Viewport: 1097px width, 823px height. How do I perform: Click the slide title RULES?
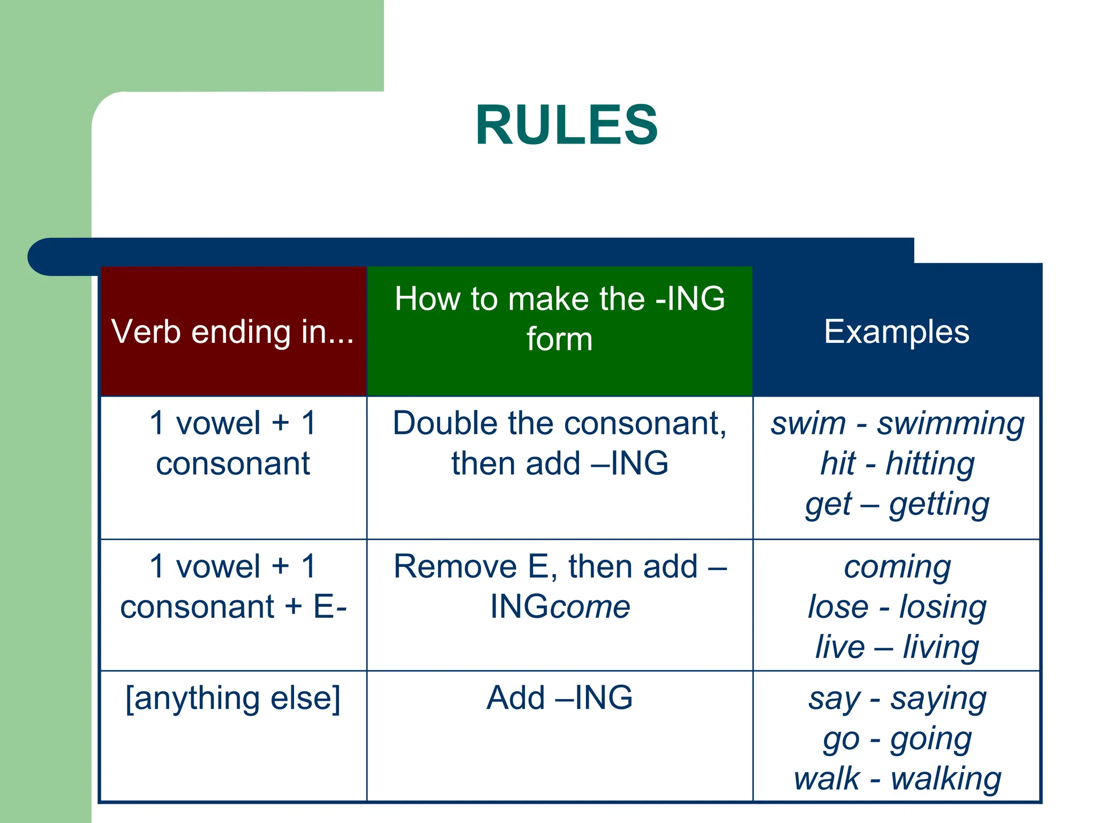(x=566, y=125)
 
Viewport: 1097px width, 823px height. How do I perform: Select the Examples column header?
(x=896, y=332)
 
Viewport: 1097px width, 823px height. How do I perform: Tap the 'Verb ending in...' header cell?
(x=233, y=332)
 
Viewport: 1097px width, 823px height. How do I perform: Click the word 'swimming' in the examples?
(x=950, y=424)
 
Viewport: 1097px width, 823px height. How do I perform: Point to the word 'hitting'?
(x=930, y=463)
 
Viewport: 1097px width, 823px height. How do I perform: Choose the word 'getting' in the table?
(x=939, y=504)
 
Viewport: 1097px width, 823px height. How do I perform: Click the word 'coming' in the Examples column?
(x=897, y=567)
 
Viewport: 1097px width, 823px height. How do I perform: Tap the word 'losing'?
(x=943, y=607)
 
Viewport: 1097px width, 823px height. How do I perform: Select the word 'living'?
(x=941, y=647)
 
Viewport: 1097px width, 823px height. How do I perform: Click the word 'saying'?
(x=938, y=699)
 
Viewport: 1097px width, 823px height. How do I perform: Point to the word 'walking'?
(x=945, y=779)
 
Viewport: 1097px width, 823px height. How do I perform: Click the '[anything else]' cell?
(x=233, y=699)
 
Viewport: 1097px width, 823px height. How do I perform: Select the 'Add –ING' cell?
(x=560, y=698)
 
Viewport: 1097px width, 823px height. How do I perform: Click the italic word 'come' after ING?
(x=590, y=607)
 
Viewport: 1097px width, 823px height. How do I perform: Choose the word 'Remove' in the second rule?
(x=455, y=567)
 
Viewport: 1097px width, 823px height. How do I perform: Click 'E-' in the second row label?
(x=330, y=607)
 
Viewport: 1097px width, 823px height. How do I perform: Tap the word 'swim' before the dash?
(x=807, y=424)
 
